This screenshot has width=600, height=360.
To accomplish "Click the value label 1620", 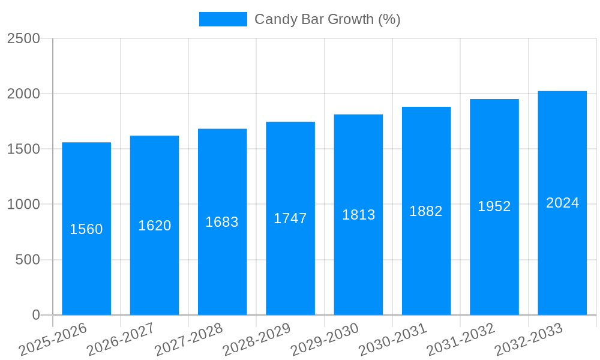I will [155, 226].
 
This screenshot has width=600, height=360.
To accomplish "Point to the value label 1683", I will [222, 222].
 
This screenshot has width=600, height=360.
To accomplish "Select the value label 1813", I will [359, 215].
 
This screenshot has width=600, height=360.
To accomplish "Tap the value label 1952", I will [494, 206].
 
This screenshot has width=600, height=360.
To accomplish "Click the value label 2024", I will [563, 203].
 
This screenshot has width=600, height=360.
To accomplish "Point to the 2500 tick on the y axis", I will [23, 38].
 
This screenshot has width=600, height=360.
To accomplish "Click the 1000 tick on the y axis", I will [23, 205].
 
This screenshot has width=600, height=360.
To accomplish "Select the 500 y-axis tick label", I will [28, 260].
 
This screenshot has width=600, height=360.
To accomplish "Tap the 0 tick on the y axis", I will [36, 315].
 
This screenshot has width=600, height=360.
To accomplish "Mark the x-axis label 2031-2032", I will [461, 340].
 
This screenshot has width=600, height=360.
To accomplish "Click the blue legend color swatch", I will [223, 19].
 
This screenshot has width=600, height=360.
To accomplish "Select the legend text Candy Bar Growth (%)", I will [328, 19].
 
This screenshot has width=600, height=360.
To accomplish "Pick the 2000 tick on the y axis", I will [23, 94].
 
